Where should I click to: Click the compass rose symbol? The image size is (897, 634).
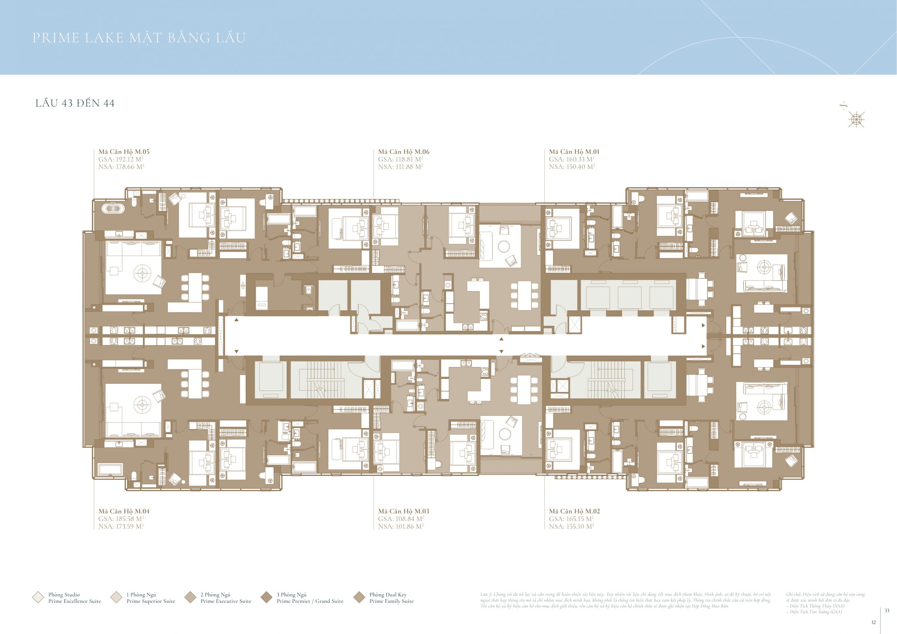tap(856, 119)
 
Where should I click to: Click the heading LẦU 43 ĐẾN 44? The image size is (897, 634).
tap(75, 103)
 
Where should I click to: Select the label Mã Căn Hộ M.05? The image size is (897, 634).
tap(124, 152)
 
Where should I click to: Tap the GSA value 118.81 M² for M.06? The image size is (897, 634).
tap(400, 159)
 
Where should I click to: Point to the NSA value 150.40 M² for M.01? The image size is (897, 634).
tap(571, 166)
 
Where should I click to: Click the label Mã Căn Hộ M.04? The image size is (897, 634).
tap(124, 511)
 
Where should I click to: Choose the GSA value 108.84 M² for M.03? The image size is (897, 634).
tap(401, 519)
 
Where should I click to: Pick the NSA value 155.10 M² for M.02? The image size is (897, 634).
tap(571, 526)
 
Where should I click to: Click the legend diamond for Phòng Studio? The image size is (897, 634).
tap(38, 597)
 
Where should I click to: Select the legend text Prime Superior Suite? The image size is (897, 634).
tap(151, 601)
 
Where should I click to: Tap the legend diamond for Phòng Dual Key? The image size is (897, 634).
tap(359, 597)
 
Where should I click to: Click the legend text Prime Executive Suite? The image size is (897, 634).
tap(226, 601)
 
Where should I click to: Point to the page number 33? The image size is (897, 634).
tap(887, 610)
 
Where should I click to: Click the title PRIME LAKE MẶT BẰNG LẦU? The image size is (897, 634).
tap(139, 38)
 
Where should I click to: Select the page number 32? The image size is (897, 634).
tap(873, 622)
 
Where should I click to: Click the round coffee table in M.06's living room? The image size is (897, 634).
tap(504, 246)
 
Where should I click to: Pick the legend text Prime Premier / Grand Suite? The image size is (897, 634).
tap(310, 601)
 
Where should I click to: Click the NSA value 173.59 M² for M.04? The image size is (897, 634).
tap(121, 526)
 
